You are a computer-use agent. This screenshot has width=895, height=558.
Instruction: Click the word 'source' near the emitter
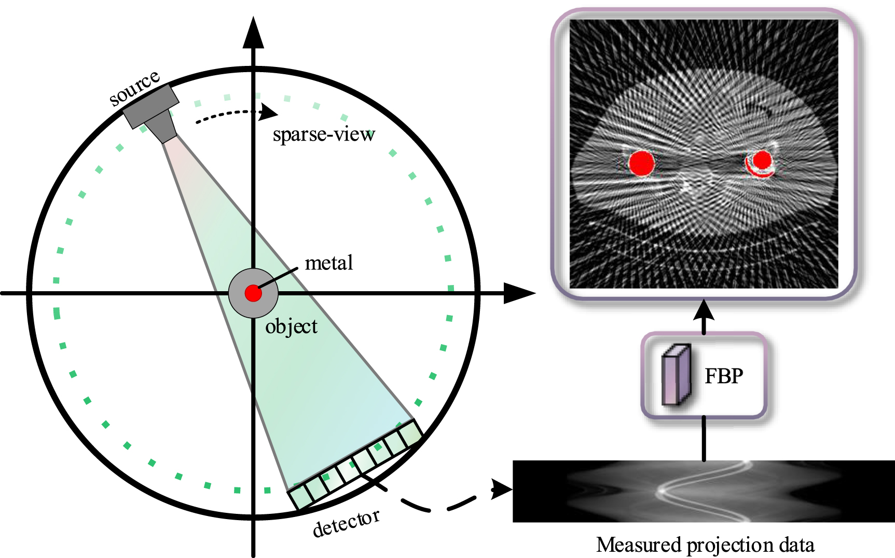coord(134,88)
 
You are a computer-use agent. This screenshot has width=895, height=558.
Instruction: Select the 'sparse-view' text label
coord(324,134)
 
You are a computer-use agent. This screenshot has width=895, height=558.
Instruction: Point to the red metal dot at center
coord(253,293)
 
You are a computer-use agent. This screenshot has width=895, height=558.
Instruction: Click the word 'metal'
coord(328,263)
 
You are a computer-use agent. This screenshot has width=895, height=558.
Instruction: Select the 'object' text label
coord(291,327)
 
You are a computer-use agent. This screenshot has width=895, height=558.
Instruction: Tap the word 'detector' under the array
coord(346,523)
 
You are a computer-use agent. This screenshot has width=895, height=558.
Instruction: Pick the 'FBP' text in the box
coord(724,376)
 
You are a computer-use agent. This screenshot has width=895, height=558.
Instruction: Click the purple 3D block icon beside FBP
coord(676,375)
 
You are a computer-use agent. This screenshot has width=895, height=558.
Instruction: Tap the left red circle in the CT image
coord(641,162)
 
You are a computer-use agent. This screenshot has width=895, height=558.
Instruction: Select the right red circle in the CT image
coord(762,160)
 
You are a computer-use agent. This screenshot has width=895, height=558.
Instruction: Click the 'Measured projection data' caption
coord(705,545)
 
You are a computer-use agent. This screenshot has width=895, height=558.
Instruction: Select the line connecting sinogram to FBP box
coord(704,439)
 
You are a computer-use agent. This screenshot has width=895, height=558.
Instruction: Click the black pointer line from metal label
coord(278,278)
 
